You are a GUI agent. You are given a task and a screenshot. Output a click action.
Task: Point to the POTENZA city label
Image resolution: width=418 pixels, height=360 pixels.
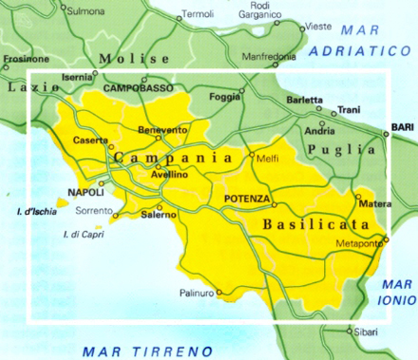tap(247, 198)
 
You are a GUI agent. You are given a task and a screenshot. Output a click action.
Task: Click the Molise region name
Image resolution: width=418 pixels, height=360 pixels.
tap(126, 57)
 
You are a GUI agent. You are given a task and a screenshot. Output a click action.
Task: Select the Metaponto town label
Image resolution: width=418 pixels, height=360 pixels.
tap(359, 244)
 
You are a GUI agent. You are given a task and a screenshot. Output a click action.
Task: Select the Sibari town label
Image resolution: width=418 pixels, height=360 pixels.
tap(364, 332)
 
